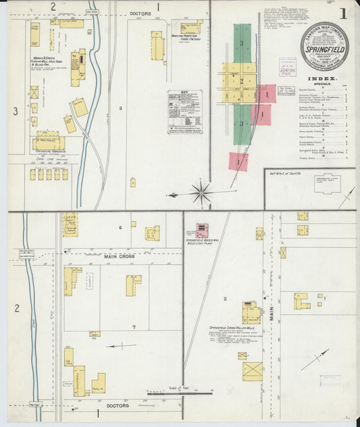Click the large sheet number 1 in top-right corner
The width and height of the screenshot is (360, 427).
click(343, 13)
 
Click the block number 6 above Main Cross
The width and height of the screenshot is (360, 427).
click(120, 228)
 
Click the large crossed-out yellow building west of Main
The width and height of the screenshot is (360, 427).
click(253, 371)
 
